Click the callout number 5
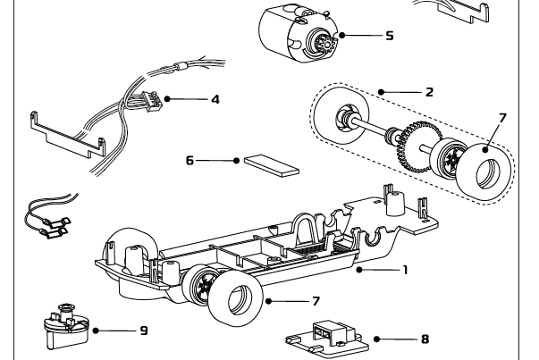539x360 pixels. [x=390, y=36]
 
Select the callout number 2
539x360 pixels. [x=430, y=92]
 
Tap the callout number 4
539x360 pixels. [x=215, y=99]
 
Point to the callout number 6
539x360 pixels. [x=189, y=161]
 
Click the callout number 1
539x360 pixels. [x=405, y=268]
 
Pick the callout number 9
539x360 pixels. [x=143, y=331]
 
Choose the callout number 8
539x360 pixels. [x=425, y=339]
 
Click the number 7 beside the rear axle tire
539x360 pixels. [x=501, y=117]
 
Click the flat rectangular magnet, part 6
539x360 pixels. [x=270, y=164]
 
